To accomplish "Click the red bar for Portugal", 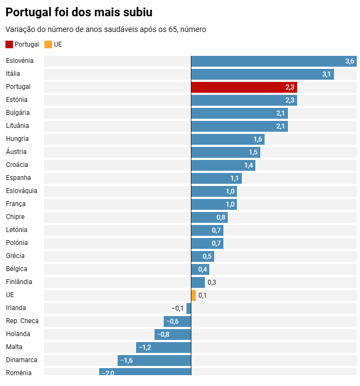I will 244,87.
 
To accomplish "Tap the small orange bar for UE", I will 194,295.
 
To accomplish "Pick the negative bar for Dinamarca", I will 155,360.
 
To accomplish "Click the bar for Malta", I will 164,347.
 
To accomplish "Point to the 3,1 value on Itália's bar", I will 326,74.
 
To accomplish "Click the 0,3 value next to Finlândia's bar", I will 212,282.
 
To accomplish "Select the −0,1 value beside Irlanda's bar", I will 177,308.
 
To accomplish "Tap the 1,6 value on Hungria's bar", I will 258,139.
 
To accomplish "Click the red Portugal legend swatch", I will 9,44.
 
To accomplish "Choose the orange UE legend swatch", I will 48,44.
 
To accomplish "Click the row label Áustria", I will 16,152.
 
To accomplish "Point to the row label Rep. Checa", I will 22,321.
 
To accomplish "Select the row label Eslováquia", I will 22,191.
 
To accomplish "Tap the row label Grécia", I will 15,256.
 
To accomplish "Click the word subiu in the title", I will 136,12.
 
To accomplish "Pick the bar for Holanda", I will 173,334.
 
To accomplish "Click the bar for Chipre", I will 209,217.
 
